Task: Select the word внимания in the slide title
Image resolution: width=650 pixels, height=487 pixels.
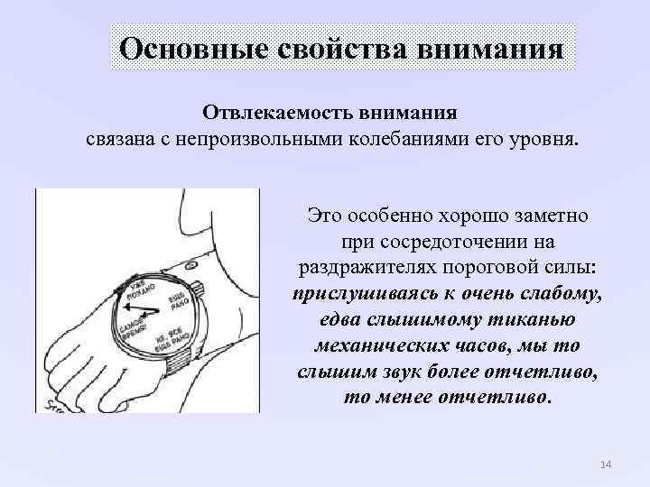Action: [491, 47]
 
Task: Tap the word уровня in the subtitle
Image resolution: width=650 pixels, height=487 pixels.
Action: [547, 141]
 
